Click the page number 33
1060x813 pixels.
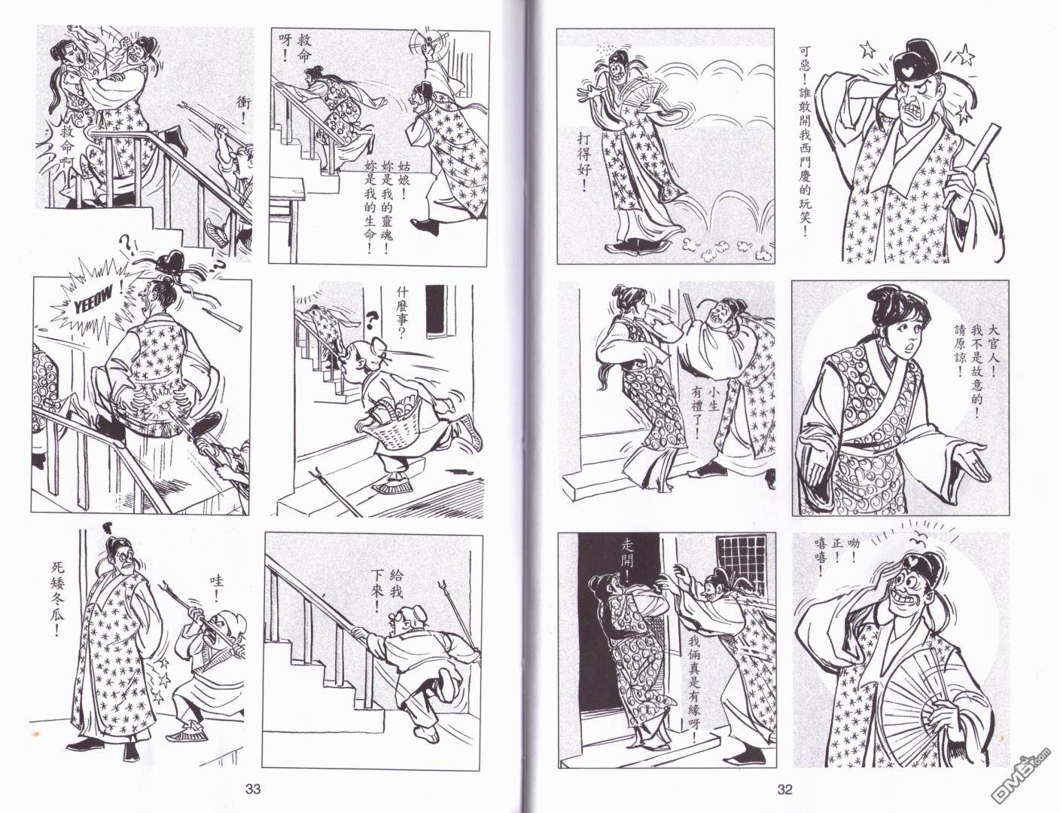253,789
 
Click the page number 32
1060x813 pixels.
784,789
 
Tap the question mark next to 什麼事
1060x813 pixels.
373,319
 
